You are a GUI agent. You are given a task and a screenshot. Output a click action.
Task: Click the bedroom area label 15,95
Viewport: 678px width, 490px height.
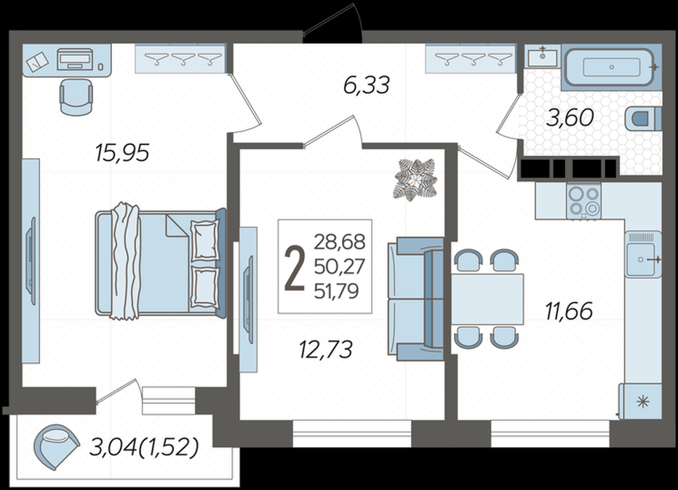point(122,153)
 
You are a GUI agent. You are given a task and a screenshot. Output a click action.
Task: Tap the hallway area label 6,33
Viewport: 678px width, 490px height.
point(367,85)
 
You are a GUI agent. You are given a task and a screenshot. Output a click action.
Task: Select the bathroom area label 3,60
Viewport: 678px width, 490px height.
point(570,118)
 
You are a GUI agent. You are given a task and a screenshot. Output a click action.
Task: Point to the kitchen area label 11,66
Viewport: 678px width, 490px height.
point(569,311)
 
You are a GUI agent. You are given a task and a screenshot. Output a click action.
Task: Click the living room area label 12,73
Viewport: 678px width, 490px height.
point(326,349)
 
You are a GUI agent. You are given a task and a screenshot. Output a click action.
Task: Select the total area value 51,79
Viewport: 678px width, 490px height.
point(336,291)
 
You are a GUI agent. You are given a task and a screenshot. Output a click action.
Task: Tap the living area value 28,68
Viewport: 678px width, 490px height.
point(340,242)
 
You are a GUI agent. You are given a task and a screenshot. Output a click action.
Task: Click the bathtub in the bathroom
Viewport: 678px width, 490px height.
point(611,68)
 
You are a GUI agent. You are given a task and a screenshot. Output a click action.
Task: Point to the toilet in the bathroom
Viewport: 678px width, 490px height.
point(643,118)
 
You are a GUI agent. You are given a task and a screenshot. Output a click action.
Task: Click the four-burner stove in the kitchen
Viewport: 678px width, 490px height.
point(583,201)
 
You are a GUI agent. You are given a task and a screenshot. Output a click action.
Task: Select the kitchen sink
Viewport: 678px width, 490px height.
point(643,255)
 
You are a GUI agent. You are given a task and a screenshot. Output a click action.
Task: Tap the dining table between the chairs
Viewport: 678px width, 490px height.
point(487,299)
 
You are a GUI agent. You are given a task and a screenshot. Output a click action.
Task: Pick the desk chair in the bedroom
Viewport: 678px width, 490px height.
point(76,98)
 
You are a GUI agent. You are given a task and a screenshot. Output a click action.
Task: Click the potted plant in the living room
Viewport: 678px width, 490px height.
point(416,180)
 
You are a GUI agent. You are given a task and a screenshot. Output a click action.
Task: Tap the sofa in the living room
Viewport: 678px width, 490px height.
point(415,299)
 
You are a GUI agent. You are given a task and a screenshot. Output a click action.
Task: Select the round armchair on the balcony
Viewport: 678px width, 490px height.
point(56,446)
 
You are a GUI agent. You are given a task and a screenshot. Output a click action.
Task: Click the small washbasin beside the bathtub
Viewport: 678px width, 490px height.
point(542,56)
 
